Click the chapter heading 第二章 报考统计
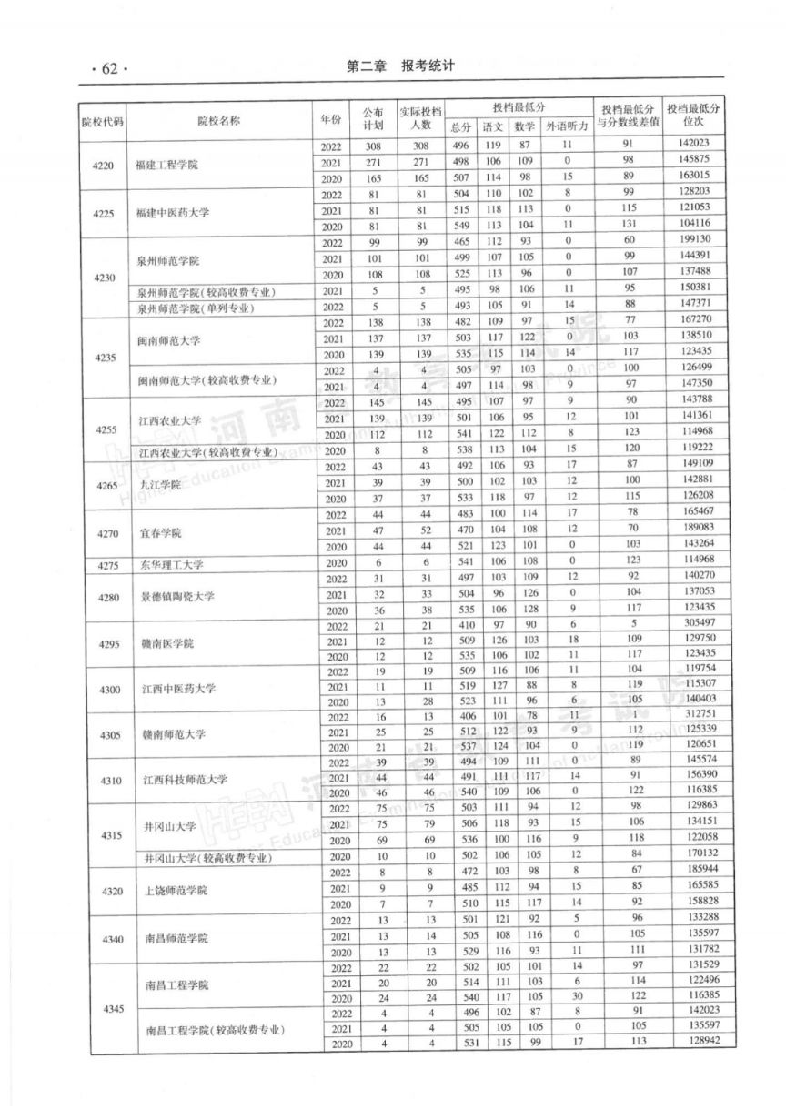399,67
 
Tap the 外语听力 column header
567,127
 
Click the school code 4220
104,165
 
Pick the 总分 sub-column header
462,127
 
